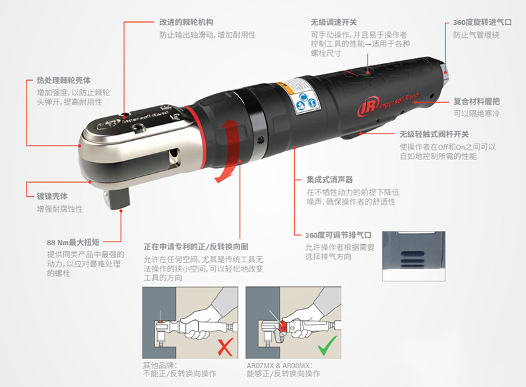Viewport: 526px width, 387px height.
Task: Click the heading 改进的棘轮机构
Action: click(186, 22)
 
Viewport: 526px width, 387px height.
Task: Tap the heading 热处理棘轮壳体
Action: click(64, 80)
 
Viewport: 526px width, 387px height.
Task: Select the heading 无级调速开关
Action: click(334, 22)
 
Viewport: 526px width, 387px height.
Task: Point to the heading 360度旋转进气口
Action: click(483, 22)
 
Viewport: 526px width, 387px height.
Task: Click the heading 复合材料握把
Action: click(477, 101)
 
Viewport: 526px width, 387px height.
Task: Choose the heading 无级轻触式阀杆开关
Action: click(434, 134)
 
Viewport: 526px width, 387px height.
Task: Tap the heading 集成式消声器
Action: click(330, 179)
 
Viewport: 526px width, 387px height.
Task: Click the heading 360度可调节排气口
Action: click(338, 235)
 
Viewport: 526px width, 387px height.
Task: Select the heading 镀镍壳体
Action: click(53, 196)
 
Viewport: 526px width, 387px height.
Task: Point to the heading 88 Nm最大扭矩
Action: click(73, 242)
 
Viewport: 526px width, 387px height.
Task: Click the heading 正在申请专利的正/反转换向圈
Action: click(196, 247)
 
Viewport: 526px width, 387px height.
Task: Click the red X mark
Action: click(225, 348)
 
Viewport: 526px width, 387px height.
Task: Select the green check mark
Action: click(327, 346)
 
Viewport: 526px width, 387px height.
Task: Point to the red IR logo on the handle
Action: click(368, 107)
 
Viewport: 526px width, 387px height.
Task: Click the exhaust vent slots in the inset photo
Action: click(413, 260)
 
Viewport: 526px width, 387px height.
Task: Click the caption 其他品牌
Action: click(160, 366)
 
